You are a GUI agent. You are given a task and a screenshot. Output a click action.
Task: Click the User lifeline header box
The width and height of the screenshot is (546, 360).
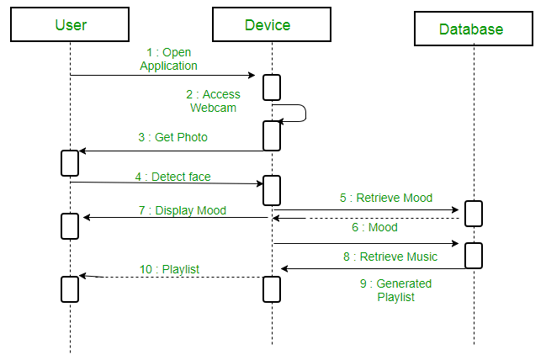pyautogui.click(x=71, y=24)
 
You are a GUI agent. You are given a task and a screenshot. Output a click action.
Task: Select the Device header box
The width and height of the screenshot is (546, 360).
pyautogui.click(x=267, y=24)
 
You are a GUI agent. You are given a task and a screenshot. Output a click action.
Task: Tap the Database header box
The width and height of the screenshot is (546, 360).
pyautogui.click(x=471, y=29)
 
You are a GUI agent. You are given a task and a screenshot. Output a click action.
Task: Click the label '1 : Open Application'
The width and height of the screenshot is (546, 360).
pyautogui.click(x=168, y=59)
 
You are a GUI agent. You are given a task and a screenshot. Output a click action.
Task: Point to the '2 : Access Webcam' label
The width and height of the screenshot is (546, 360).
pyautogui.click(x=215, y=101)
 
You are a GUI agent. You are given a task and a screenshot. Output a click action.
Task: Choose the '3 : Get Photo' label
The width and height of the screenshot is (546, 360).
pyautogui.click(x=172, y=137)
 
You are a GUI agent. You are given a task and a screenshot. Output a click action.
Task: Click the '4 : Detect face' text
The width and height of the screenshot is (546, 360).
pyautogui.click(x=172, y=177)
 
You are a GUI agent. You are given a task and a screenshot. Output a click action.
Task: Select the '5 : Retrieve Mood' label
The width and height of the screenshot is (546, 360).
pyautogui.click(x=386, y=198)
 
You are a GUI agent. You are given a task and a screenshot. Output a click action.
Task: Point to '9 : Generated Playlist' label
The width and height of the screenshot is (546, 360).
pyautogui.click(x=392, y=290)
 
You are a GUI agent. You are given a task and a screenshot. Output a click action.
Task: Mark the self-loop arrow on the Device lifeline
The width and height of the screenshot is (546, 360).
pyautogui.click(x=300, y=114)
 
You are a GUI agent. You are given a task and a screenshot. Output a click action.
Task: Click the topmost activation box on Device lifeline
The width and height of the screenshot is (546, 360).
pyautogui.click(x=272, y=87)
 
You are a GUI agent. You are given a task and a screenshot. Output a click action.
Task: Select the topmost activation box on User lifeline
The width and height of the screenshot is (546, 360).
pyautogui.click(x=70, y=162)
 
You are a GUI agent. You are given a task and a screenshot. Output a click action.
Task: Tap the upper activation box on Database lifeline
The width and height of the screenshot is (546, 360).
pyautogui.click(x=474, y=214)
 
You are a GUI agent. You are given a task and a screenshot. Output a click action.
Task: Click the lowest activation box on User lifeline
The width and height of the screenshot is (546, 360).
pyautogui.click(x=70, y=289)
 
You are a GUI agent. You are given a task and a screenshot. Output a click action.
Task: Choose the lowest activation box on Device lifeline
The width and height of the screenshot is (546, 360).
pyautogui.click(x=271, y=289)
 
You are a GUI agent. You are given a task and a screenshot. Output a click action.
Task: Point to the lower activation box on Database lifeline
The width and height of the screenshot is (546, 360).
pyautogui.click(x=474, y=255)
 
